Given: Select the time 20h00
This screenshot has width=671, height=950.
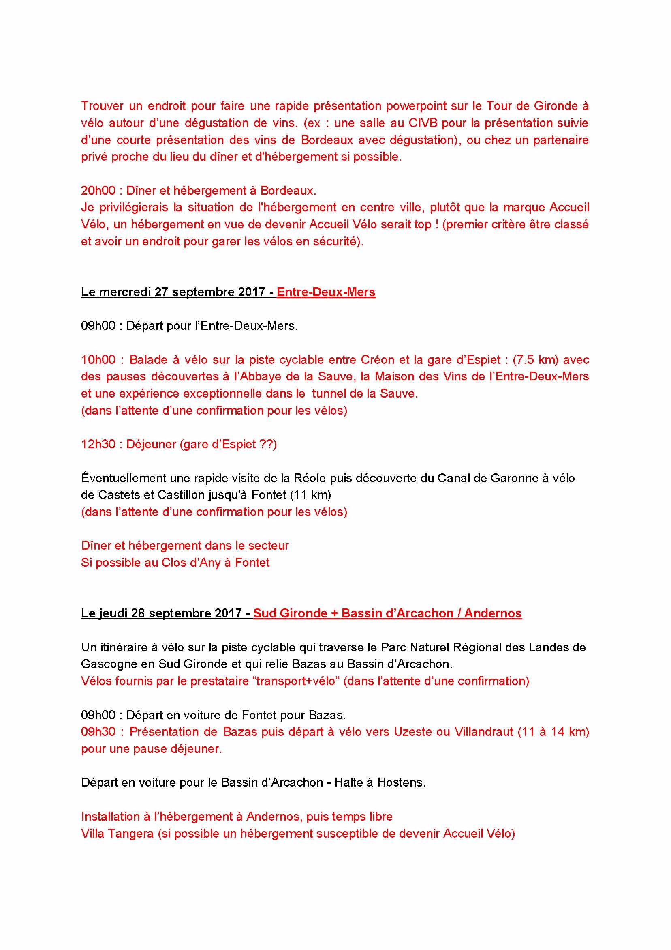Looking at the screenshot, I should tap(98, 191).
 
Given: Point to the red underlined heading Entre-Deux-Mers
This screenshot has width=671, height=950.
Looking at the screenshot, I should tap(326, 292).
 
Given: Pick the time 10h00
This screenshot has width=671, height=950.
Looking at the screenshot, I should tap(98, 359).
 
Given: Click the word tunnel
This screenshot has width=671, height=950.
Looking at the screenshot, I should tap(329, 393).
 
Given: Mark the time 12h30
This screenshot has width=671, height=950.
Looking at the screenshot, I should tap(98, 445).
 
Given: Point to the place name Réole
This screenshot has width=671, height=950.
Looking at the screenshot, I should tap(310, 478).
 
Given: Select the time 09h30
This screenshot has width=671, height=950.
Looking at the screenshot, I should tap(98, 731).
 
